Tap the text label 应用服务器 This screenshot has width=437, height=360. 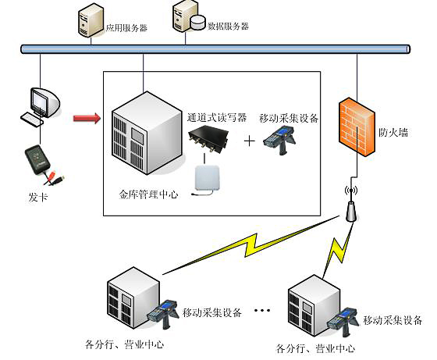point(126,27)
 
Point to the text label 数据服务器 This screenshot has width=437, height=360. point(228,26)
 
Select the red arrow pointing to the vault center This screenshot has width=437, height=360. point(86,118)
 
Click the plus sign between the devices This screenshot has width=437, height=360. point(250,141)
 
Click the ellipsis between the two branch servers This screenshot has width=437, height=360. point(263,312)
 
